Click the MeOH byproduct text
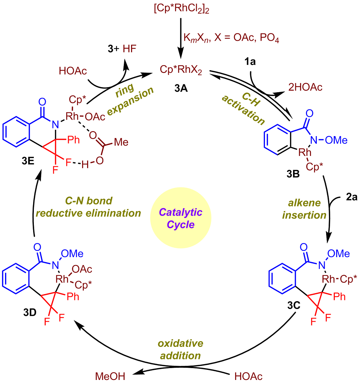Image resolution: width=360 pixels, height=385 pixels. pyautogui.click(x=110, y=376)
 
